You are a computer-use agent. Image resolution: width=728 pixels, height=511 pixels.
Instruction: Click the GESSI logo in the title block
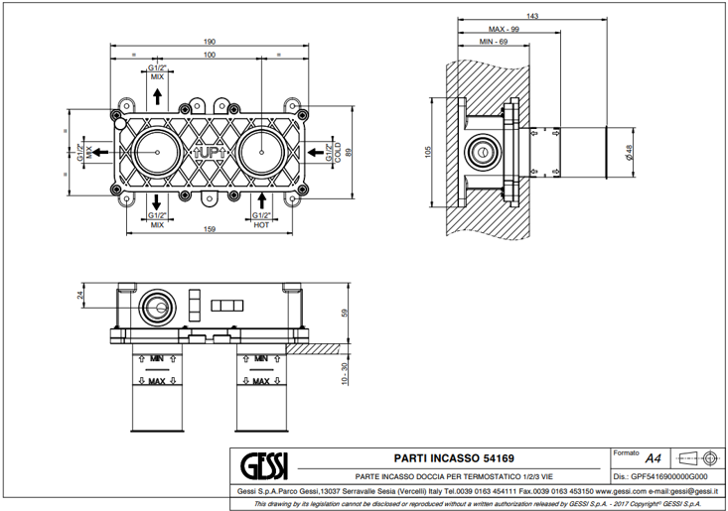coord(266,462)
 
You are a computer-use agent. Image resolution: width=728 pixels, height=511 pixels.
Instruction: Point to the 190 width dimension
coord(210,41)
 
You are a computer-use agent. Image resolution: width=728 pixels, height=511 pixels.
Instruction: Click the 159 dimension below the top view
coord(210,231)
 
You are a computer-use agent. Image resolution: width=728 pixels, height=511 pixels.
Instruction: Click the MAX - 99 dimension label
coord(492,30)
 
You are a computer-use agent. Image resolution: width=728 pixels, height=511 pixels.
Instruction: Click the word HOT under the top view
coord(262,225)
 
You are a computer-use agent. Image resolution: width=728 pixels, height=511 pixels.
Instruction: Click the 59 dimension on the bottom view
coord(345,312)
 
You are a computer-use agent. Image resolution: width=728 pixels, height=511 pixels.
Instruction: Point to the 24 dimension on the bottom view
coord(80,295)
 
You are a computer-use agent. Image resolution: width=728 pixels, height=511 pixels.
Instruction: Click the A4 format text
coord(653,458)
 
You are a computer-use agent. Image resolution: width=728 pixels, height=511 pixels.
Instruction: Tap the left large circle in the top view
coord(158,152)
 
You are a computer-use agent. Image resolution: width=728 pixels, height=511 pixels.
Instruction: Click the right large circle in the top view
coord(261,152)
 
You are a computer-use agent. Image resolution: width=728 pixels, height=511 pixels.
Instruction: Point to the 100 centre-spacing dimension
coord(210,55)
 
